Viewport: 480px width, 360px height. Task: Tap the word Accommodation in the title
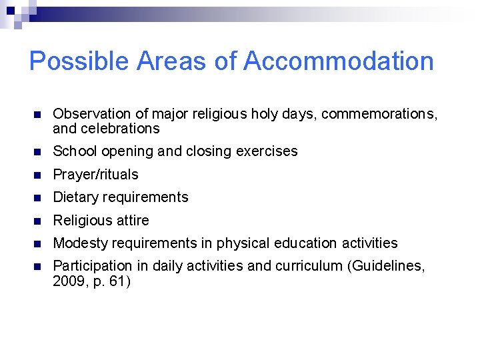click(x=339, y=61)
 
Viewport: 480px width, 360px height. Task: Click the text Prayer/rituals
click(x=95, y=175)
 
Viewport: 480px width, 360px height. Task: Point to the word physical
click(x=241, y=243)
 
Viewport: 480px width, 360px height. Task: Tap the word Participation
click(x=93, y=267)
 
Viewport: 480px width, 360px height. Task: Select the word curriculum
click(x=309, y=267)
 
